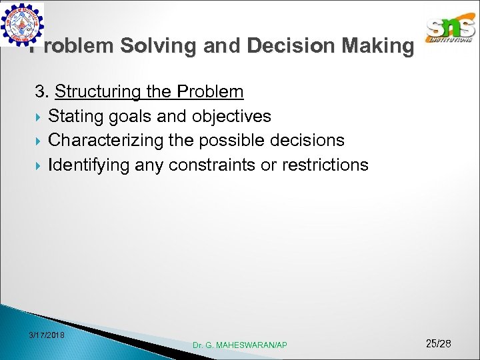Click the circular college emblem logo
(x=23, y=24)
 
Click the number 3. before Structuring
(x=43, y=91)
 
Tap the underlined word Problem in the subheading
(x=207, y=91)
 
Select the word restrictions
(x=325, y=165)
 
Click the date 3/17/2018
(x=47, y=334)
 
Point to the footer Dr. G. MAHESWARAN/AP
(x=240, y=345)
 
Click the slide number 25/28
(x=438, y=343)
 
